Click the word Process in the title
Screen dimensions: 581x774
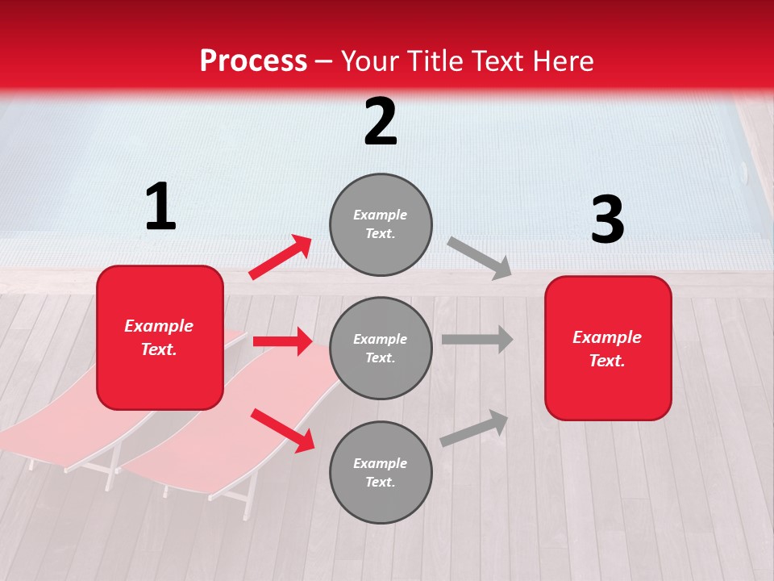pos(253,61)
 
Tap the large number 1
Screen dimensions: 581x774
pos(160,207)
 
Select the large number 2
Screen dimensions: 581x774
pos(381,123)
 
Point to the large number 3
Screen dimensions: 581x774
pos(607,220)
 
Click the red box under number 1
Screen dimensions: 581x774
pos(160,337)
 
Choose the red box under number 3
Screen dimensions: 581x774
pos(608,349)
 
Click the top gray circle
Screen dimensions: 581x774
pos(381,224)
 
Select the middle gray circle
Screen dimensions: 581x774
pos(381,348)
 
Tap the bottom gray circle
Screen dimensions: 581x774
pos(381,472)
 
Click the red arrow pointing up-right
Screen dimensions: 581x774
pos(281,257)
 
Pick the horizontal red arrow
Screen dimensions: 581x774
pos(282,341)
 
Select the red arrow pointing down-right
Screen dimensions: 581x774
pos(282,429)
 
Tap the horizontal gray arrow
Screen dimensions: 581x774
pos(477,340)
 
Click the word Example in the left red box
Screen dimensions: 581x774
pos(159,326)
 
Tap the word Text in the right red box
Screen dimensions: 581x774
pos(606,361)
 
